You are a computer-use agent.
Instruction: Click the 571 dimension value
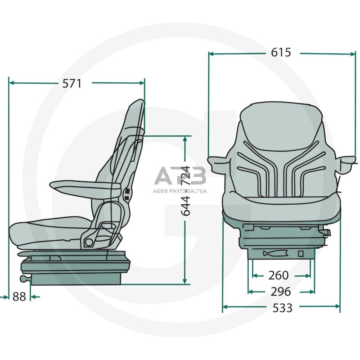coord(72,84)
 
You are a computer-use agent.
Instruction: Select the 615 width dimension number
coord(281,52)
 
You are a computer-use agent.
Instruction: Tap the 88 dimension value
coord(19,297)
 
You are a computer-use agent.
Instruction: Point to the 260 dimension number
coord(278,275)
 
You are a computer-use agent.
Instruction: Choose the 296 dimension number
coord(281,292)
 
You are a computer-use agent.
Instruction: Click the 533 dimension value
coord(283,308)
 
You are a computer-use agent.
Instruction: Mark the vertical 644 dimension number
coord(186,206)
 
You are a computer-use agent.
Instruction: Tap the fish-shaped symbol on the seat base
coord(275,253)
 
